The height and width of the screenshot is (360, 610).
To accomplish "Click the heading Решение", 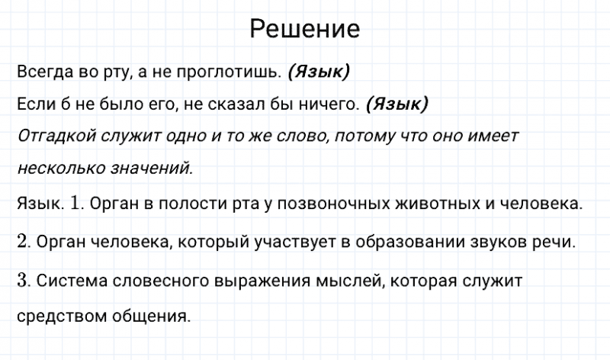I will point(304,29).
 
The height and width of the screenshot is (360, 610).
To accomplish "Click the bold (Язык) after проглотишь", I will point(319,72).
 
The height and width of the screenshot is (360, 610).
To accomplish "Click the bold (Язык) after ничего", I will point(397,104).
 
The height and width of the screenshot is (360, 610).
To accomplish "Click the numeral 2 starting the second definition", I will point(21,242).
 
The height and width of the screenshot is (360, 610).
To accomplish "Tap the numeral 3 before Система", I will point(21,280).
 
